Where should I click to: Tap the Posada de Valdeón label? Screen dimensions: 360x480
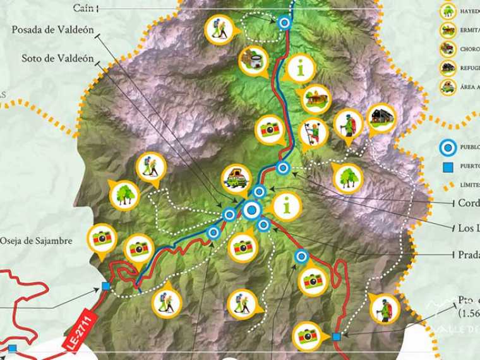(52, 30)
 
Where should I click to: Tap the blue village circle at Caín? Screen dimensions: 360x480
(284, 23)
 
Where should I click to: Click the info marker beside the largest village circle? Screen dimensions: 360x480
(287, 205)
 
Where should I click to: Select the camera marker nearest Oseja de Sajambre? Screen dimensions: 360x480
(101, 238)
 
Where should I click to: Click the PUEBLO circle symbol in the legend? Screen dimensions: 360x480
(448, 148)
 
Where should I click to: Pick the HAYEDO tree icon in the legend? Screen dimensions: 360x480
(448, 11)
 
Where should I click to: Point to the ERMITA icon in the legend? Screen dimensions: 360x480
(448, 30)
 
